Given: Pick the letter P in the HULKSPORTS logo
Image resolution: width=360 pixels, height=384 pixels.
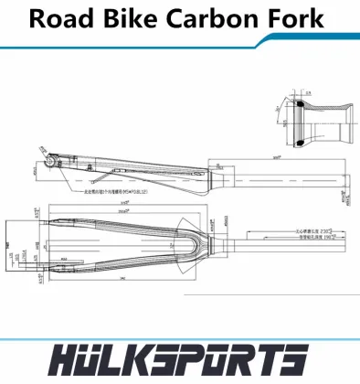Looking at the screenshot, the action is point(206,359).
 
